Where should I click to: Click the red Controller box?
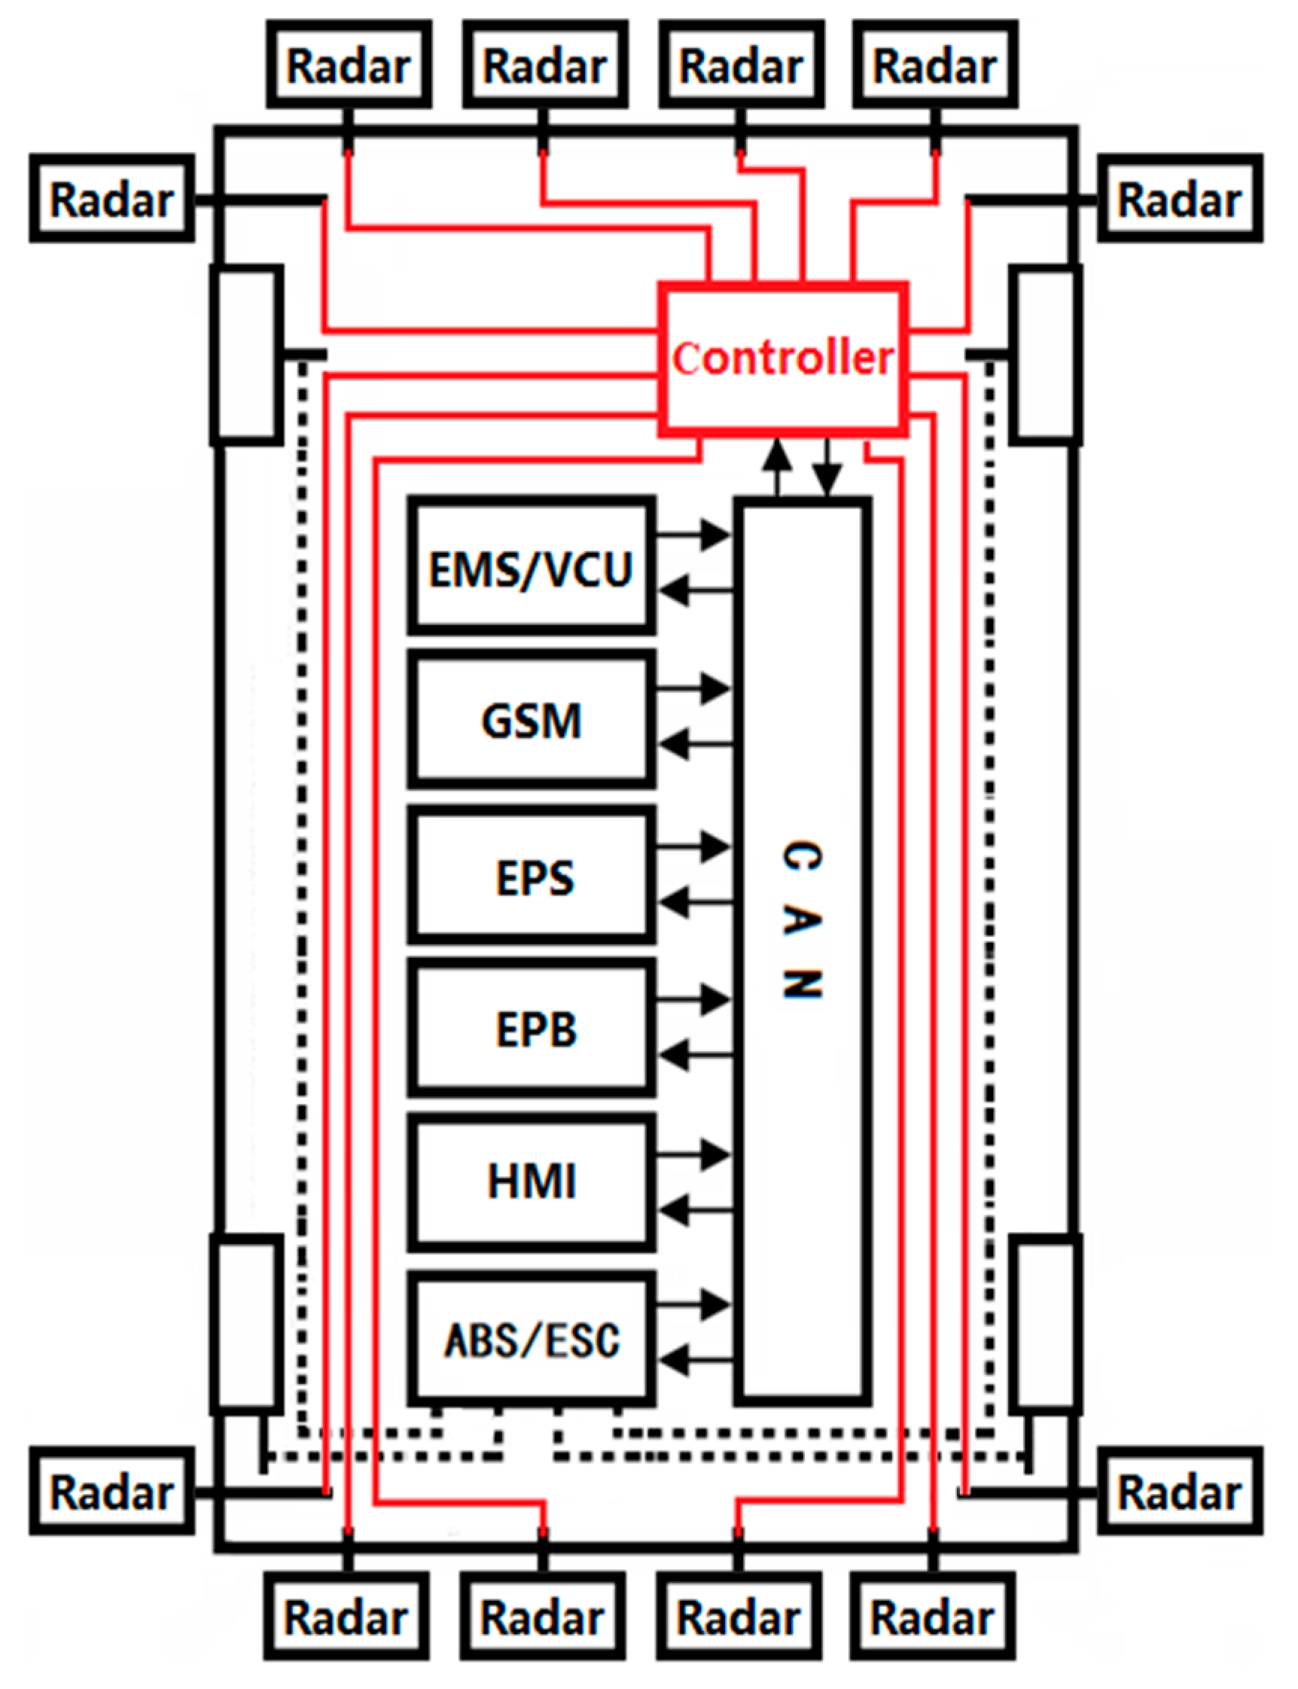point(782,358)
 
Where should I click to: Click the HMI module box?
point(532,1181)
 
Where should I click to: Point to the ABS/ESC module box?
point(532,1340)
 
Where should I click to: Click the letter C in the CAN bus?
point(802,855)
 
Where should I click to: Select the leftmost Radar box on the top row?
point(349,65)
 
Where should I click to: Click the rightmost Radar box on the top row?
point(935,65)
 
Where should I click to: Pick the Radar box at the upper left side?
point(111,200)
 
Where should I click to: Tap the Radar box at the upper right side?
point(1180,200)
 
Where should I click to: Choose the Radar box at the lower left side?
point(111,1491)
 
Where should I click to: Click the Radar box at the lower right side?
point(1180,1491)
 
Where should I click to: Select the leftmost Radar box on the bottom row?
point(346,1618)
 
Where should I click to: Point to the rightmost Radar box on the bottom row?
point(933,1618)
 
